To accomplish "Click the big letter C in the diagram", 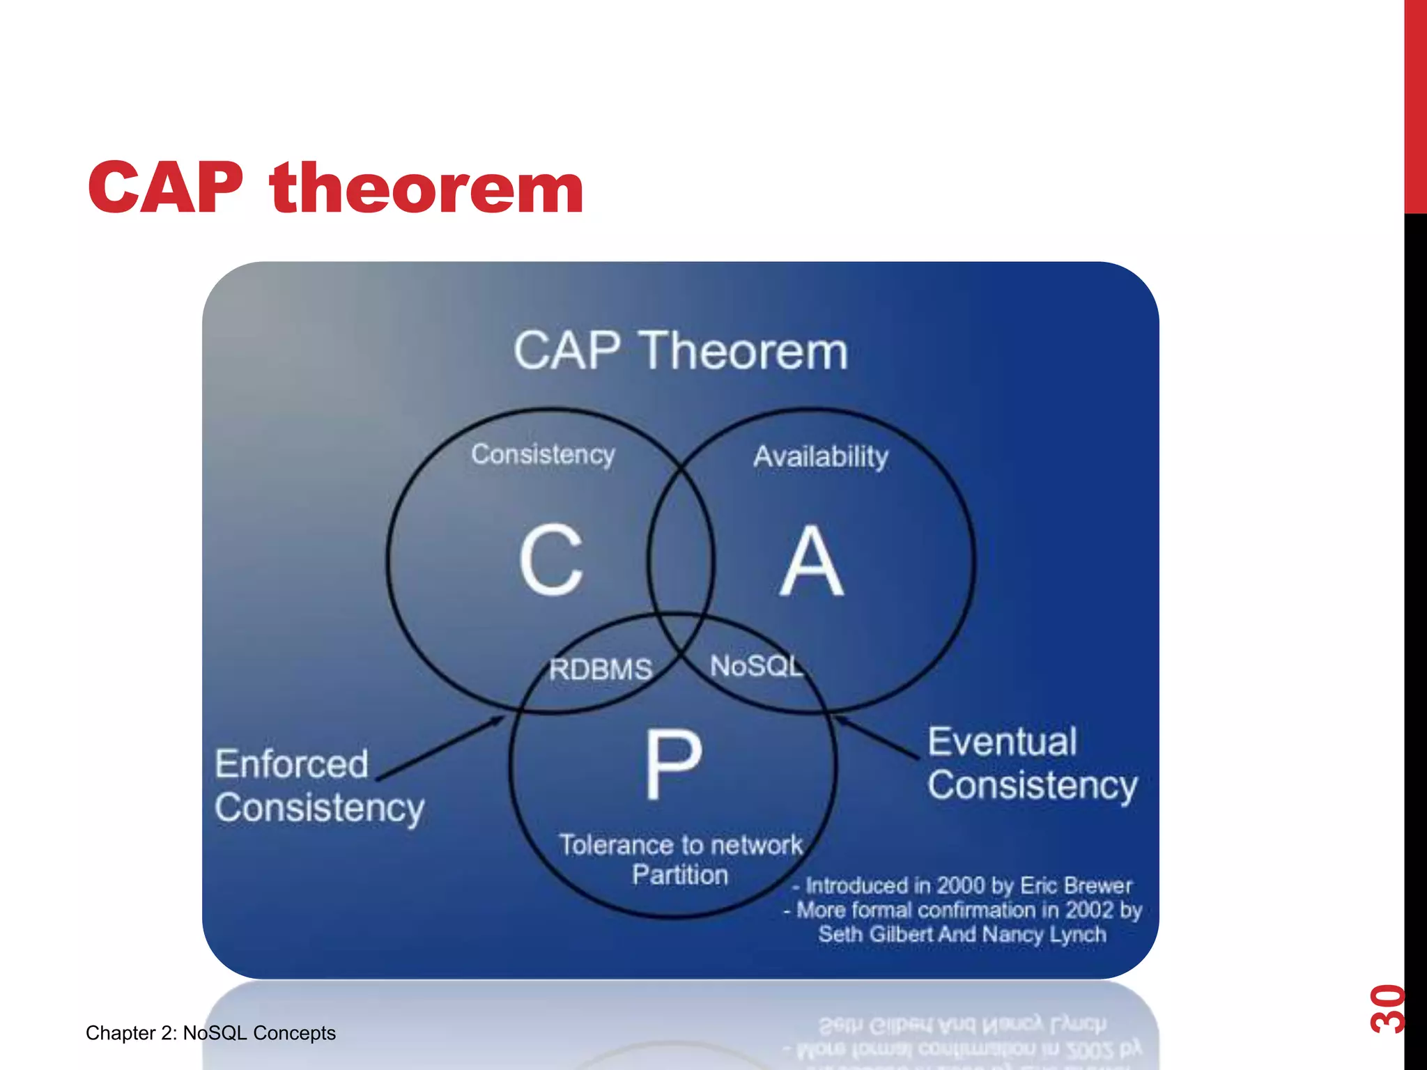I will point(550,560).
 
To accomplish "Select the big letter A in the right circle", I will point(811,561).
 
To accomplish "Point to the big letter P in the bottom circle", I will point(672,764).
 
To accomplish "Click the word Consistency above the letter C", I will point(543,454).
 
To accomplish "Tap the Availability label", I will point(821,457).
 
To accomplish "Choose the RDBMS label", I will point(601,669).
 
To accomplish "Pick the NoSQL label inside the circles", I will point(757,666).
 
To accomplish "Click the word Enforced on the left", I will point(291,764).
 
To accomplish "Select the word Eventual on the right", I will point(1002,741).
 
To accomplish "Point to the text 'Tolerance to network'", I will point(681,845).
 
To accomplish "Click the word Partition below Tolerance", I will point(680,875).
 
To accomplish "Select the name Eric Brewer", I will point(1076,885).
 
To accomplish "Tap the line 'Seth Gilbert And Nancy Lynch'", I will point(962,934).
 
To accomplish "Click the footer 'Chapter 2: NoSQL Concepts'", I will point(210,1032).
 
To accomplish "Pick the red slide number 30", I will point(1387,1008).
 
